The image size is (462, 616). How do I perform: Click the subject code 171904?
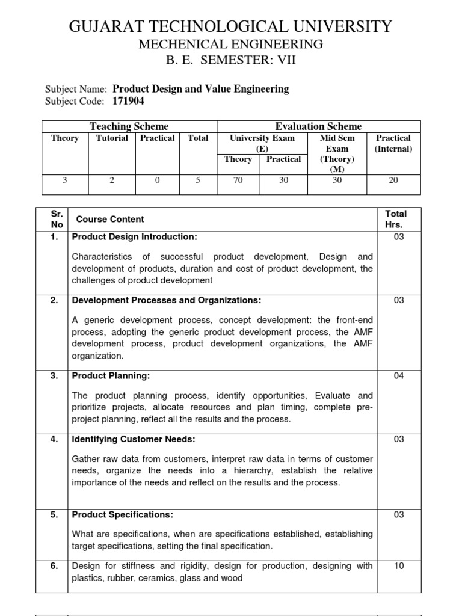(129, 101)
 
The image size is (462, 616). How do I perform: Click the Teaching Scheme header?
(129, 126)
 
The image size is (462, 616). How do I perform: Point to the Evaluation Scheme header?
(318, 126)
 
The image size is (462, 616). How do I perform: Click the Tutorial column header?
(112, 138)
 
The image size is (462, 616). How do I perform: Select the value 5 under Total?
(197, 179)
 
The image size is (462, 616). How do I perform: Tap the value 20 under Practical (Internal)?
(393, 179)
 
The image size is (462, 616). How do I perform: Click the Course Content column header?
(110, 220)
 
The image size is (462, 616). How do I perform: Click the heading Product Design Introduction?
(135, 237)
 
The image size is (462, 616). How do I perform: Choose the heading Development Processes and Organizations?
(167, 300)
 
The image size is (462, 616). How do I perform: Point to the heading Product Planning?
(111, 375)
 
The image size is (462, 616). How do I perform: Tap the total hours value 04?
(399, 375)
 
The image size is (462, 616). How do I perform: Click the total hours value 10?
(399, 565)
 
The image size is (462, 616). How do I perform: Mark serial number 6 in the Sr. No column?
(54, 565)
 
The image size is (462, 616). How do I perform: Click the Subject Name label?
(76, 89)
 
